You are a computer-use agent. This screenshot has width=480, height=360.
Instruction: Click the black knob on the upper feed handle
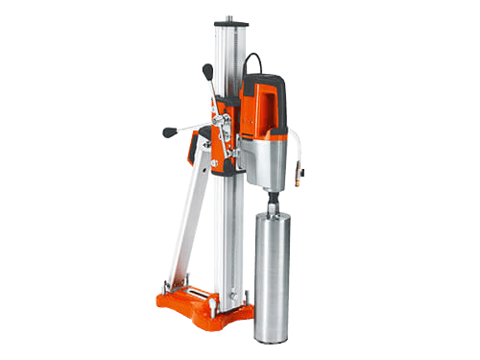click(x=207, y=69)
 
